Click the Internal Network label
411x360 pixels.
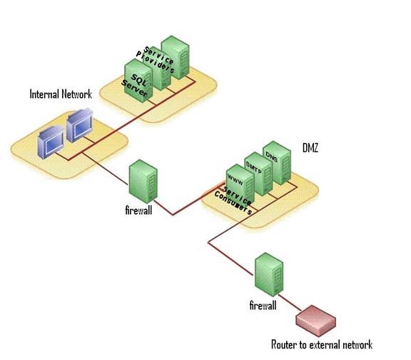coord(61,94)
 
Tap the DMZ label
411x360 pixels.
coord(310,148)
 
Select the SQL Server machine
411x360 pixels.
coord(138,81)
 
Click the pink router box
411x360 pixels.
coord(316,321)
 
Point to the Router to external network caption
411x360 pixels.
coord(322,344)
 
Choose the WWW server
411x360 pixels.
coord(240,184)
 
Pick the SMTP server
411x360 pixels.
coord(258,174)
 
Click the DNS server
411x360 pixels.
coord(277,163)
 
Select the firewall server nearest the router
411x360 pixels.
coord(269,275)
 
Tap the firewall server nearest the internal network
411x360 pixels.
coord(143,181)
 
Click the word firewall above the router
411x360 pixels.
coord(263,306)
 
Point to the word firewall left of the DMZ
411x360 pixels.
coord(138,210)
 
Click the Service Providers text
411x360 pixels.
coord(155,60)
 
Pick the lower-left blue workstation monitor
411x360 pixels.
coord(51,142)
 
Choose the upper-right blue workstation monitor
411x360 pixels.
coord(79,125)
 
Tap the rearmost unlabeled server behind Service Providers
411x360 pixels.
coord(175,57)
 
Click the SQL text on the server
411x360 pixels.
coord(138,80)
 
